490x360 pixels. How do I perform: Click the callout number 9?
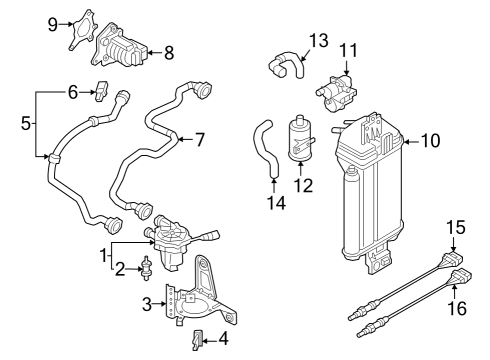53,24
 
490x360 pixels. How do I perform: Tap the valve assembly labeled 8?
119,46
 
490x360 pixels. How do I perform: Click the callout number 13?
319,41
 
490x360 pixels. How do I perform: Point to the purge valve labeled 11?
336,93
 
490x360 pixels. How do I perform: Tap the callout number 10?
431,141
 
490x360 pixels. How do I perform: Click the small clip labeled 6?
101,91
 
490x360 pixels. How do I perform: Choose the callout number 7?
199,140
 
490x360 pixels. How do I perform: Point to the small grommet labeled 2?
146,268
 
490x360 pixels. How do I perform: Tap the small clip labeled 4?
197,340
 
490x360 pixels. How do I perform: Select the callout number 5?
26,123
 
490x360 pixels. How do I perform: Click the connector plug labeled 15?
453,259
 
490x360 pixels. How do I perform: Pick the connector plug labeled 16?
462,278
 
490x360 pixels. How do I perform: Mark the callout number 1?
104,256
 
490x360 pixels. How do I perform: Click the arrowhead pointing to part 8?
150,52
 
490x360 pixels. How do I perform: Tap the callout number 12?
304,186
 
